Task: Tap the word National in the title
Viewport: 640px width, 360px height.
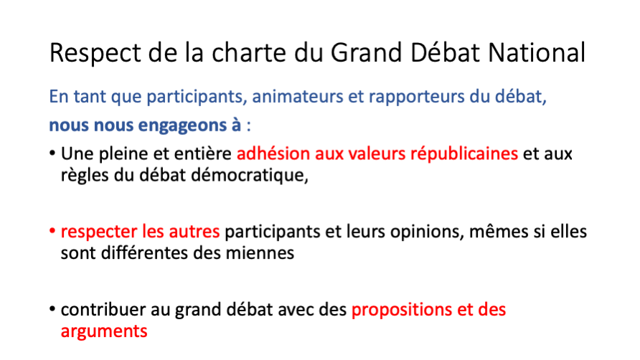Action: click(537, 52)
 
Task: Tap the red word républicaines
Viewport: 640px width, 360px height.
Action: click(464, 154)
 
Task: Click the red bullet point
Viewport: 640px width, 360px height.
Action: click(52, 231)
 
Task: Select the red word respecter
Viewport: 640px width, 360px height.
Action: click(99, 232)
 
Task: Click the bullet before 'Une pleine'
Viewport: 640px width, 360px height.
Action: click(52, 153)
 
